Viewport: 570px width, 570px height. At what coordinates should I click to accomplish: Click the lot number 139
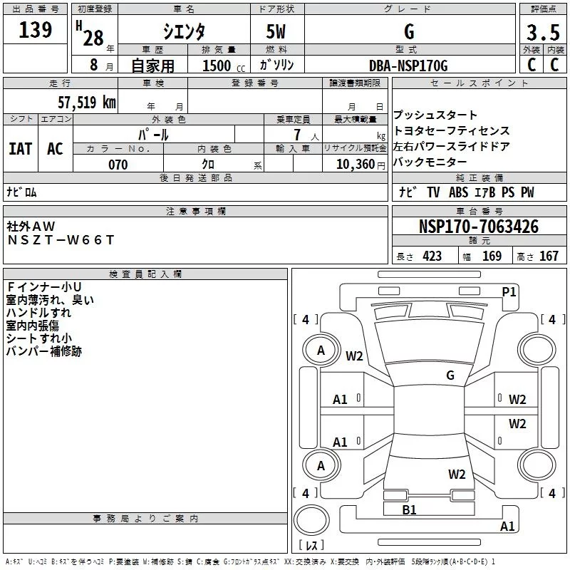(x=35, y=30)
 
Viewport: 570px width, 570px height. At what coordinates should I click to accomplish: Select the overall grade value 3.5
(x=541, y=32)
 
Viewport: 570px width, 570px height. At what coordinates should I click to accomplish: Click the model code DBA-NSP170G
(x=408, y=66)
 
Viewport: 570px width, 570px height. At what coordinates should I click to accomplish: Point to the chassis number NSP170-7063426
(x=479, y=227)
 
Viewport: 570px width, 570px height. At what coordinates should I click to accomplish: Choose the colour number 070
(x=118, y=165)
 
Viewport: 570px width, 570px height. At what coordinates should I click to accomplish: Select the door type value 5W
(x=276, y=32)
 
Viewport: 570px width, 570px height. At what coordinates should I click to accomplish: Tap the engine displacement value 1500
(x=217, y=66)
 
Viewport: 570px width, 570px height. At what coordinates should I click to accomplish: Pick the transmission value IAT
(x=20, y=148)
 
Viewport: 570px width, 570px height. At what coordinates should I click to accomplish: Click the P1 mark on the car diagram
(x=509, y=291)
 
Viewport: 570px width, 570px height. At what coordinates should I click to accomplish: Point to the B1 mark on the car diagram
(x=409, y=509)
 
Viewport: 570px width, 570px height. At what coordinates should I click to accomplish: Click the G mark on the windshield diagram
(x=450, y=375)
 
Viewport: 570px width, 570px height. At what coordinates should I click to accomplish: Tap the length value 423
(x=432, y=256)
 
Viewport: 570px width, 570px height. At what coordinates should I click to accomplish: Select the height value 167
(x=549, y=256)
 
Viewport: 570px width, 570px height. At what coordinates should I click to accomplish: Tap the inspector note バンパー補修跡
(x=43, y=351)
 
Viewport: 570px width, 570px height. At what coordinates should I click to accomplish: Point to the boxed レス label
(x=311, y=546)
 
